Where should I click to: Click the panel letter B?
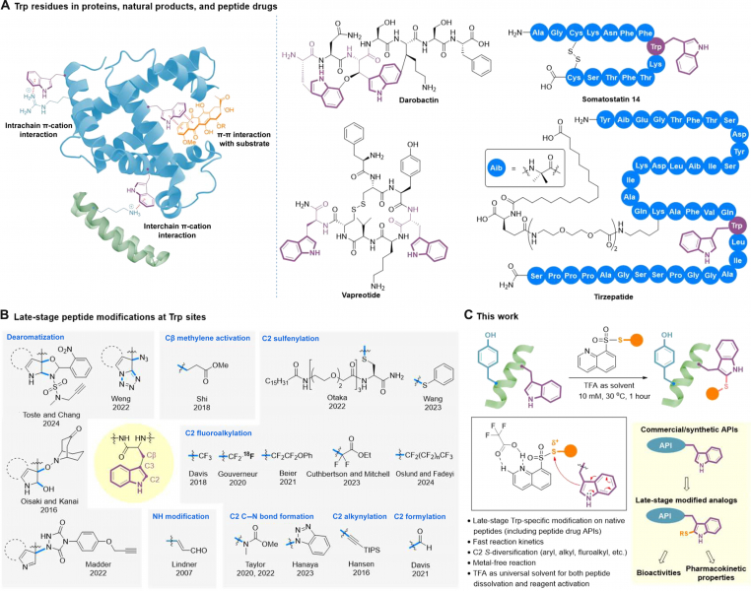(7, 314)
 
